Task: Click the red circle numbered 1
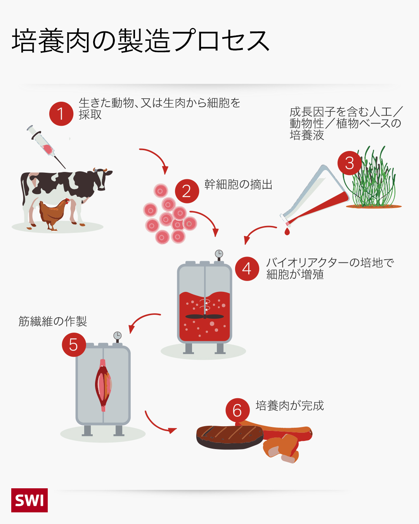coord(61,114)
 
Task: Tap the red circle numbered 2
coord(187,191)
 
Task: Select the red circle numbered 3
coord(350,163)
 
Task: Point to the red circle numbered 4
coord(247,269)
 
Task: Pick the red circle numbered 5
coord(74,345)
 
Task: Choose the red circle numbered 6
coord(237,410)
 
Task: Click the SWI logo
coord(29,500)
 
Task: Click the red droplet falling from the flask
coord(287,231)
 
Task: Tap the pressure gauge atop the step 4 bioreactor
coord(219,255)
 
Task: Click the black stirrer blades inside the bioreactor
coord(204,317)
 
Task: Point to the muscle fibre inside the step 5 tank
coord(103,385)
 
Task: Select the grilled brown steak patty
coord(230,437)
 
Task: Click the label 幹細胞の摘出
coord(238,185)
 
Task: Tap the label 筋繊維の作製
coord(53,321)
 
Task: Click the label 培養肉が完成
coord(290,406)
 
